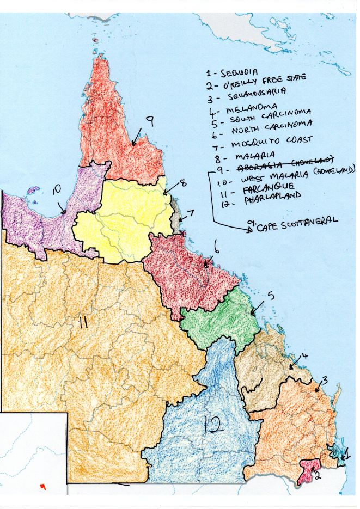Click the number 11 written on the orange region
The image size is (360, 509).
(x=83, y=322)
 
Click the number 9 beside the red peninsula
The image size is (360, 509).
(x=148, y=122)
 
